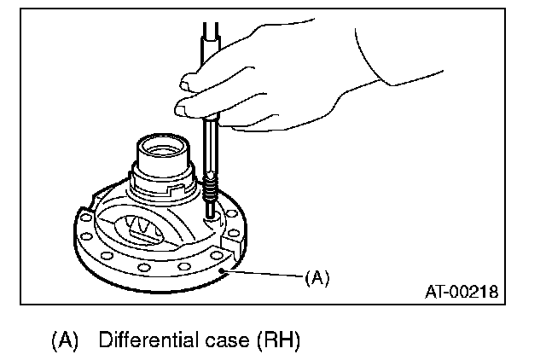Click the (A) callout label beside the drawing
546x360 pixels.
pos(317,277)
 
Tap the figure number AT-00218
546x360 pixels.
pos(462,293)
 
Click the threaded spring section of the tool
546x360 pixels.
pos(210,184)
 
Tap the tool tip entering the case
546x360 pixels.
pos(209,213)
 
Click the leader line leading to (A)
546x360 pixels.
pos(264,275)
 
